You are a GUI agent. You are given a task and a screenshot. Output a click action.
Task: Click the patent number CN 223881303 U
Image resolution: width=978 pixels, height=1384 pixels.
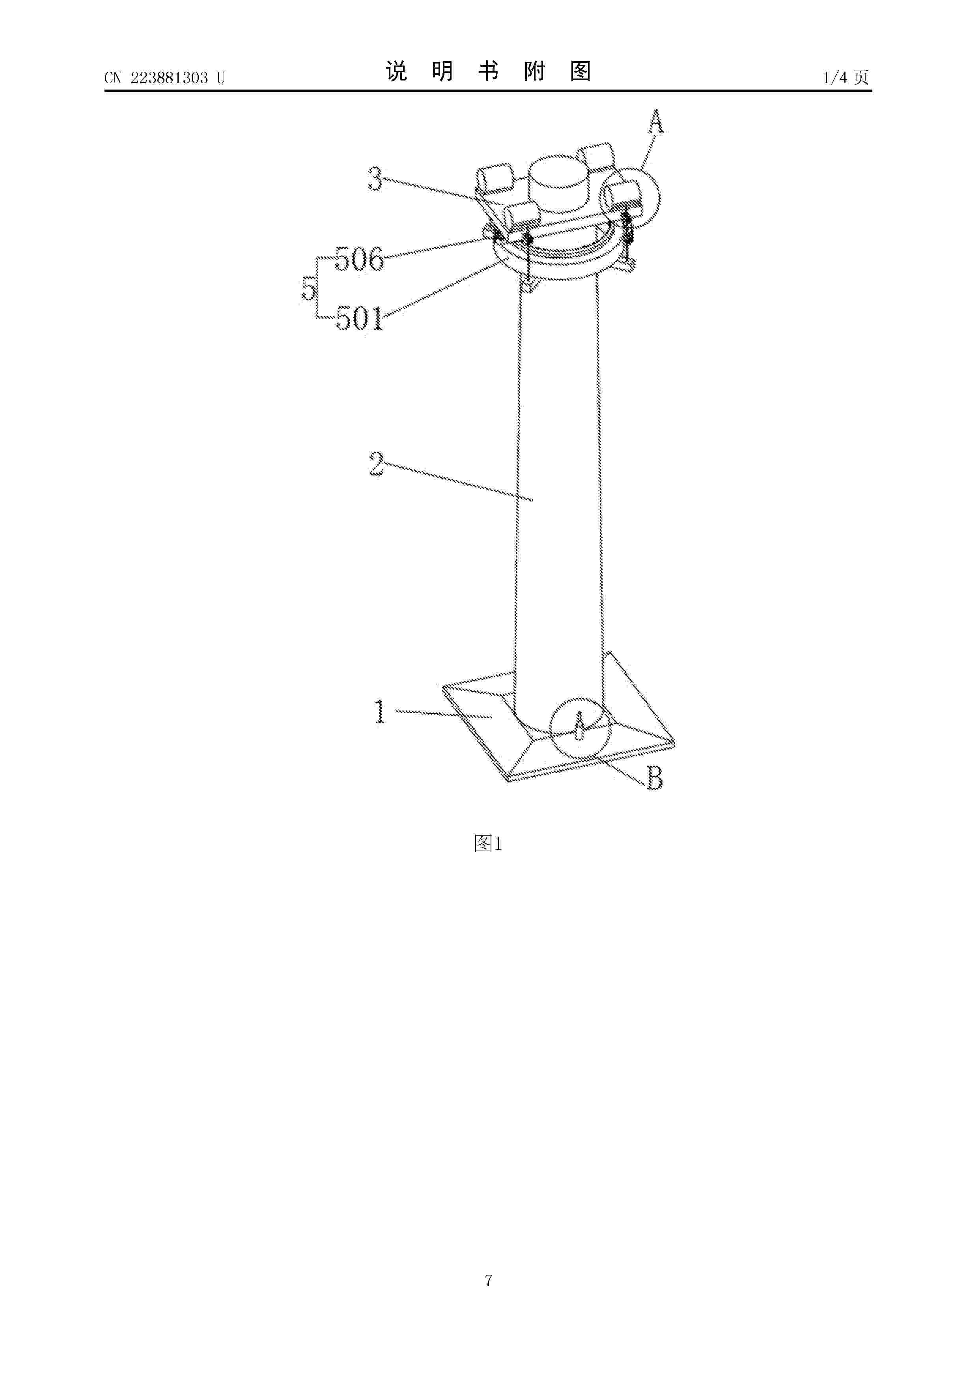pyautogui.click(x=164, y=78)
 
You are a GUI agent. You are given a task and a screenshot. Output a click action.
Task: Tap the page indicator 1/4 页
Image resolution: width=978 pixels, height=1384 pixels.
pyautogui.click(x=846, y=77)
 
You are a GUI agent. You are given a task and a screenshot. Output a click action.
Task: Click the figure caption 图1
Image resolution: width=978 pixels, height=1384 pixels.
pyautogui.click(x=488, y=844)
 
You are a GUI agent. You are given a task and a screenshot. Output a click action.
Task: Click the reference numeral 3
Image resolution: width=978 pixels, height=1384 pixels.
pyautogui.click(x=375, y=179)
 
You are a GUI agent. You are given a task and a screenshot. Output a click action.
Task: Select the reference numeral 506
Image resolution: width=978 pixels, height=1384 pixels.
pyautogui.click(x=359, y=259)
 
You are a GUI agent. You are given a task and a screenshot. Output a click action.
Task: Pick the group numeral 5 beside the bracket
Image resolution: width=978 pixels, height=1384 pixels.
pyautogui.click(x=308, y=289)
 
